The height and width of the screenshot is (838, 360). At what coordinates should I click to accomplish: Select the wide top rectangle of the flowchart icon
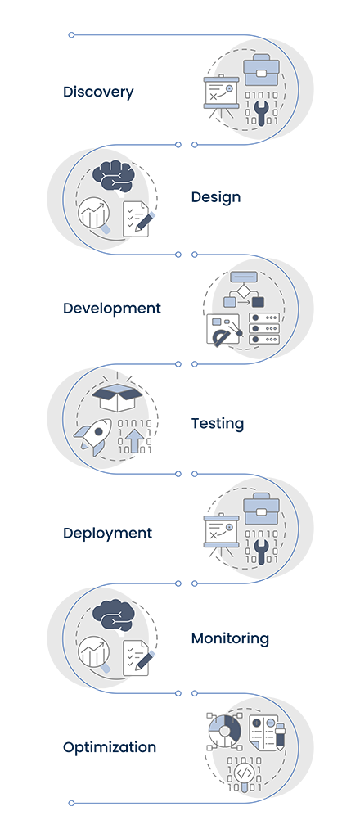(244, 277)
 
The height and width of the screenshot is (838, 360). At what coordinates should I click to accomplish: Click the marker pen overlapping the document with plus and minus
(280, 735)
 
